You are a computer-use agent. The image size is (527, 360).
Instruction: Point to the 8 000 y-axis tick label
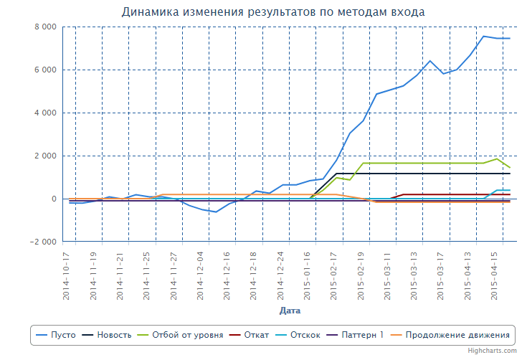coord(45,27)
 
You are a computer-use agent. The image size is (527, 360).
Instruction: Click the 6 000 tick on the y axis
coord(45,70)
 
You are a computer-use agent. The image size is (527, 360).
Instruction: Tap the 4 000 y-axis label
coord(45,113)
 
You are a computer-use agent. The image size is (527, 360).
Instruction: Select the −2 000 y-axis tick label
coord(42,242)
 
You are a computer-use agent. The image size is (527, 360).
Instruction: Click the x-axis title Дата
coord(290,311)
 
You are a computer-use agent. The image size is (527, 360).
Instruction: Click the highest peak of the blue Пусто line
coord(483,36)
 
